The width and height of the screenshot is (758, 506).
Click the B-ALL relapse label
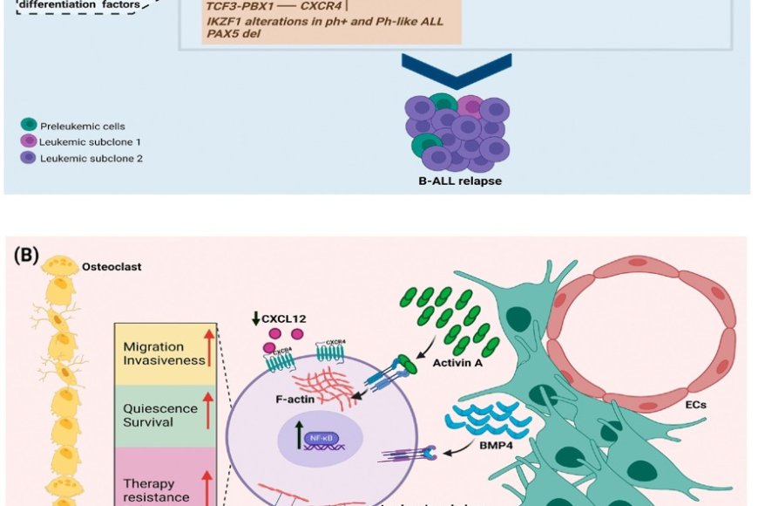point(461,181)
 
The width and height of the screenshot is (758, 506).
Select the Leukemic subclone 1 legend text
point(90,142)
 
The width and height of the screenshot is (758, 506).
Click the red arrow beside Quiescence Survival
point(208,411)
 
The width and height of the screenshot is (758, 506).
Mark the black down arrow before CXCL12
point(255,318)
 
